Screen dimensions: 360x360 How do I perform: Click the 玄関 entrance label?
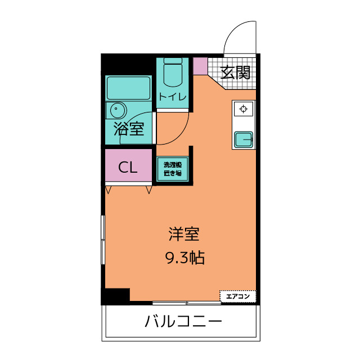pos(235,73)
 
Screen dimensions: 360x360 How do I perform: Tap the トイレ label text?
pos(172,97)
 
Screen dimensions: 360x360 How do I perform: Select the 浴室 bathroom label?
pos(129,129)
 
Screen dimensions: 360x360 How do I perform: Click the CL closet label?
pos(128,167)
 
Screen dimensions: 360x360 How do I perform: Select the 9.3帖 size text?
pos(184,258)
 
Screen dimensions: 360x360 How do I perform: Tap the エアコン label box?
pos(237,296)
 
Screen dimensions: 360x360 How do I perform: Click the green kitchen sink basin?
pos(243,138)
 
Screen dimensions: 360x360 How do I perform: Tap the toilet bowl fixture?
pos(172,74)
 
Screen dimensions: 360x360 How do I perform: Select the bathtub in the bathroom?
pos(129,88)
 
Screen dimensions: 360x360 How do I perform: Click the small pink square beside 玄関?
pos(200,66)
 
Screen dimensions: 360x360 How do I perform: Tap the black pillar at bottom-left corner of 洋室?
pos(115,296)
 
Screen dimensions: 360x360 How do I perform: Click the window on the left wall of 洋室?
pos(102,238)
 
